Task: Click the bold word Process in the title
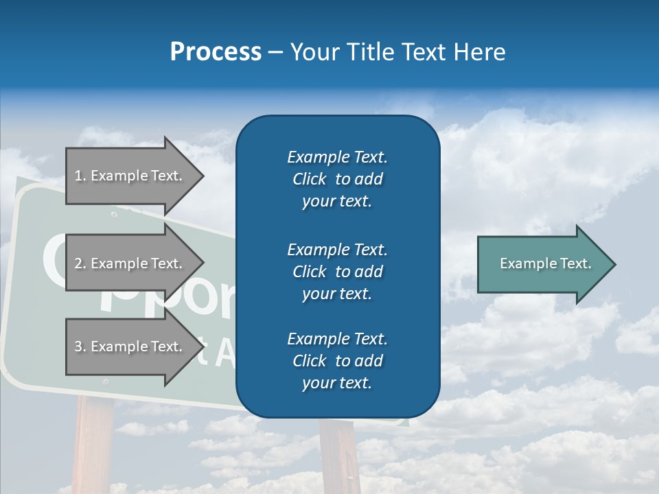tap(216, 52)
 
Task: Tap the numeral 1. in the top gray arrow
tap(80, 176)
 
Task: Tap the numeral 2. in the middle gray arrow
tap(80, 263)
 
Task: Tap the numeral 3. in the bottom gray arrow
tap(80, 346)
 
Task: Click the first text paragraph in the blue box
tap(337, 179)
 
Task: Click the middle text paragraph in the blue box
tap(337, 271)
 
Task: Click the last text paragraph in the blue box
tap(337, 361)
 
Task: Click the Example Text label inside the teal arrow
tap(546, 263)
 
